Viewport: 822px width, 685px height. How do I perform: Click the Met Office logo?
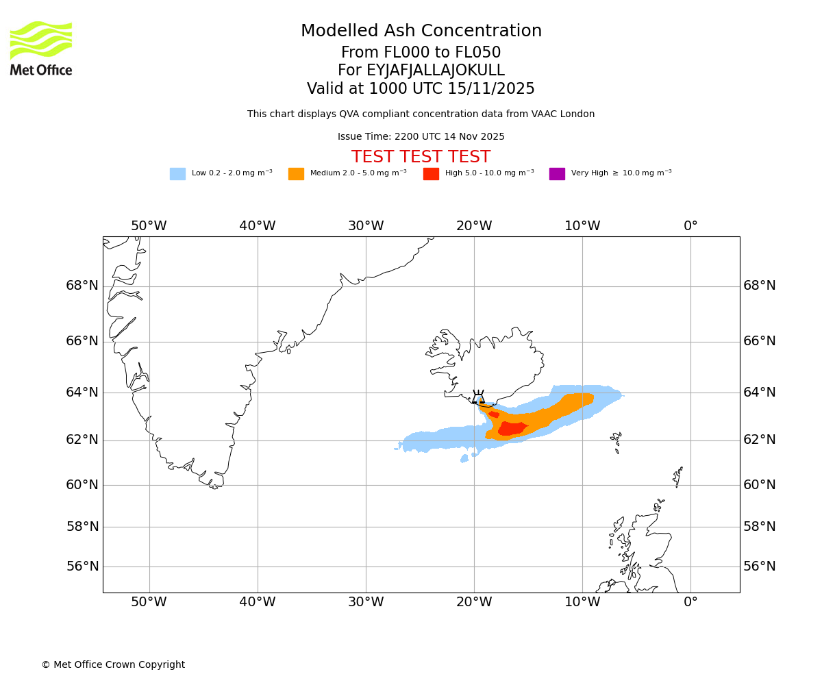(41, 48)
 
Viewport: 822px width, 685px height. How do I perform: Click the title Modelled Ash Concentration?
(421, 32)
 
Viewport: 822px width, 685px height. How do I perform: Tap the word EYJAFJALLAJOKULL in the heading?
(436, 71)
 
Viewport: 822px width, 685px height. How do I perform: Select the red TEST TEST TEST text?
(421, 158)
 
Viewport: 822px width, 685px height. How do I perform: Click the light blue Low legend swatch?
(177, 174)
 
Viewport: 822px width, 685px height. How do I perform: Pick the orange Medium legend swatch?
(296, 174)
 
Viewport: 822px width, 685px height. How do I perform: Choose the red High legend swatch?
(431, 174)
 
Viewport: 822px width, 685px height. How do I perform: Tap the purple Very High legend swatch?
(557, 174)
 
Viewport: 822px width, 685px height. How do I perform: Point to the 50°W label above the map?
(149, 226)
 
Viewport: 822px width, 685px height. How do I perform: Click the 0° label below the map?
(690, 602)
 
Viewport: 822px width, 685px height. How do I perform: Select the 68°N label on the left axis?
(82, 286)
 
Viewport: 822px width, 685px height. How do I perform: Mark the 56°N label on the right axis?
(760, 566)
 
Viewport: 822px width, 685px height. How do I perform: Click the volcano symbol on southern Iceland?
(478, 398)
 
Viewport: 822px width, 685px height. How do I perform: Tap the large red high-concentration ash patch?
(512, 429)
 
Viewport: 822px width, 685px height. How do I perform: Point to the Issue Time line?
(421, 137)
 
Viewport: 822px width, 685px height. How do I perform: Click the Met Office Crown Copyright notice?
(113, 665)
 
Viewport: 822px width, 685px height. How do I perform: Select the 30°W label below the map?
(366, 602)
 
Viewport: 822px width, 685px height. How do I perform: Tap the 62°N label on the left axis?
(82, 440)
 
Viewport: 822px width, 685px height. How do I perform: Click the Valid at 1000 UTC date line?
(421, 89)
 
